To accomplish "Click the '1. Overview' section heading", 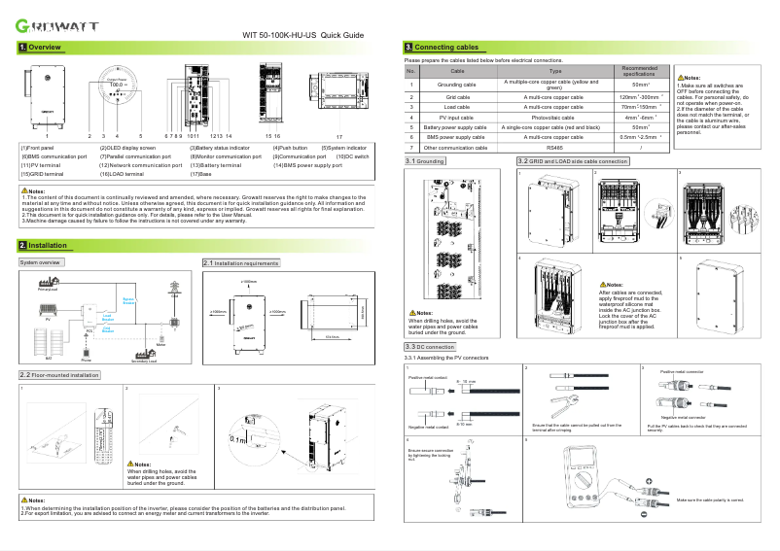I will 41,47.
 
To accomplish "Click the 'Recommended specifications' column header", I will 640,71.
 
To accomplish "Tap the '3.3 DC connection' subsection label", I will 429,346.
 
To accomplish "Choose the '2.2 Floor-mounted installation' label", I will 59,374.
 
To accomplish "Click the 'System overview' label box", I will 41,262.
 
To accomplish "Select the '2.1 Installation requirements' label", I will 240,262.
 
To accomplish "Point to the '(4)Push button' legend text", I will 291,147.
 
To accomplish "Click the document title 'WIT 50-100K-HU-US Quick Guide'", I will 302,35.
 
